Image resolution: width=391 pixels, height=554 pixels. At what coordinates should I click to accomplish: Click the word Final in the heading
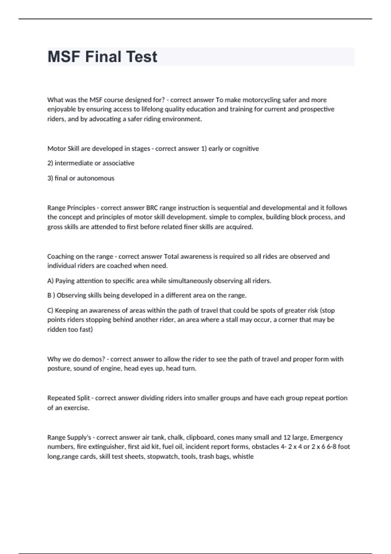click(x=103, y=57)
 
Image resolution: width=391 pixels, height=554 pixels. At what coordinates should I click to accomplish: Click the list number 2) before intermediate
click(x=50, y=163)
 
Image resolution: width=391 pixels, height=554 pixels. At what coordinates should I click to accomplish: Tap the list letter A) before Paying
click(x=51, y=281)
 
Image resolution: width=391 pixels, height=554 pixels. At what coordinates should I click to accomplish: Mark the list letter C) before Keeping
click(x=50, y=311)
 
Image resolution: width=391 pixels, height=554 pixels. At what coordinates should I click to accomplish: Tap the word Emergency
click(x=326, y=437)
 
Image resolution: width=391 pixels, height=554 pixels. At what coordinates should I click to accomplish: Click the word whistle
click(x=243, y=457)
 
